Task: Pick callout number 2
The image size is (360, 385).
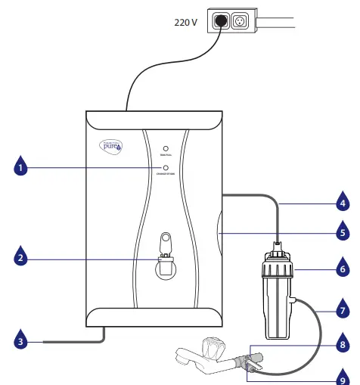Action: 22,259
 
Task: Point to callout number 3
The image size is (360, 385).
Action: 22,343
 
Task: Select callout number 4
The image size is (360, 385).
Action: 343,203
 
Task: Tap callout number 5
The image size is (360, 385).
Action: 343,233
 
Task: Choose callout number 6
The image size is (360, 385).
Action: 343,269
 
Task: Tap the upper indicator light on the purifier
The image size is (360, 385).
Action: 165,149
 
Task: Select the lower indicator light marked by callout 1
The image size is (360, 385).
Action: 165,168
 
